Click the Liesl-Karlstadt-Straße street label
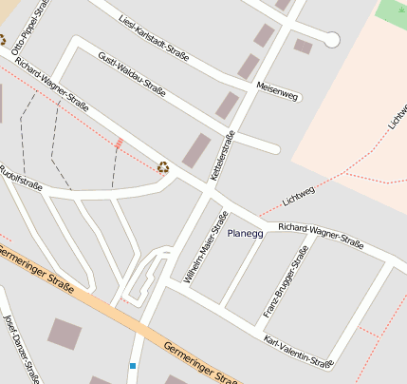click(154, 37)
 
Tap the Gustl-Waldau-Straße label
click(132, 73)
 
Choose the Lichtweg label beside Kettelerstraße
click(298, 194)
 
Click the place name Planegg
click(246, 232)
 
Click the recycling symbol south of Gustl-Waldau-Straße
click(163, 167)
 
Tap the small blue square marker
click(133, 365)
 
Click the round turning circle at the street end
click(331, 39)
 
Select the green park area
click(390, 12)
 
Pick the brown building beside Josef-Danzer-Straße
click(65, 334)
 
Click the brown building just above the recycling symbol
click(196, 150)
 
